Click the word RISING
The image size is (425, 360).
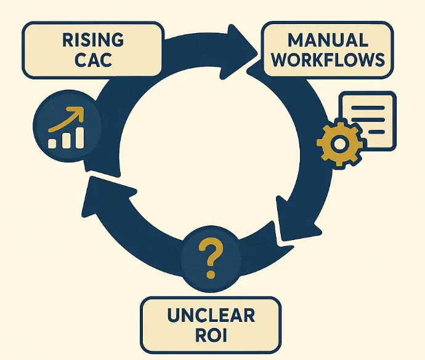[94, 41]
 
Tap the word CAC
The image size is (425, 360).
[94, 62]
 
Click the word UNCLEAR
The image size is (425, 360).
[211, 316]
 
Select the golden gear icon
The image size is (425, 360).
[338, 144]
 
